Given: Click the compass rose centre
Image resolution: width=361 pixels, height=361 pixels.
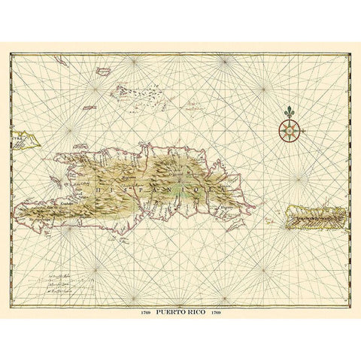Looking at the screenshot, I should pos(288,131).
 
